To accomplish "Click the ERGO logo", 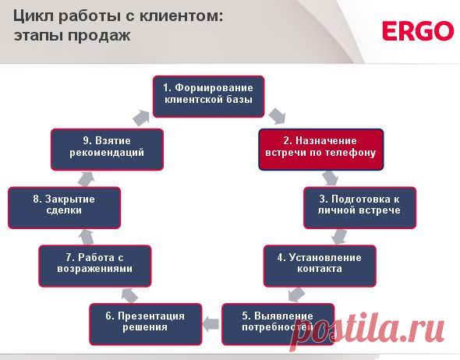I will pos(417,31).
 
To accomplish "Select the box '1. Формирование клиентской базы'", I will pos(208,95).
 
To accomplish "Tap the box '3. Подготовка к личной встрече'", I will pos(359,205).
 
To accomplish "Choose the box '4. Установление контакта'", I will pos(319,264).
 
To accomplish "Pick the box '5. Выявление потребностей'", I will pos(277,322).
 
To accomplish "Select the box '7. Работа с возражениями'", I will pos(96,264).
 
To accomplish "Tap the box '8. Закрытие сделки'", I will pos(64,206).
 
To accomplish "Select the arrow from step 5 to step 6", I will pos(211,322).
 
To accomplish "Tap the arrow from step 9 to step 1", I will pos(140,117).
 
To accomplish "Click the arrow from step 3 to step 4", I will pos(338,235).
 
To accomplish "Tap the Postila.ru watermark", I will pos(381,328).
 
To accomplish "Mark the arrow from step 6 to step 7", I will pos(129,293).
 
